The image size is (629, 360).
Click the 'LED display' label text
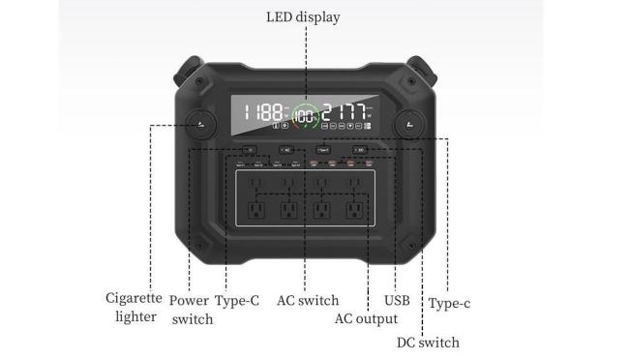[304, 17]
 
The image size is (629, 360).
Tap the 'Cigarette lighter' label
[134, 307]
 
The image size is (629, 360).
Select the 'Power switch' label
[191, 309]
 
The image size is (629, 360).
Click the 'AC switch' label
[308, 300]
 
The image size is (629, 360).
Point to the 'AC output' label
[366, 318]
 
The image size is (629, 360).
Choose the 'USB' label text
[397, 300]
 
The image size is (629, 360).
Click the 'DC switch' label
[428, 342]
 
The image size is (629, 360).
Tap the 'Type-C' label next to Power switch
[237, 300]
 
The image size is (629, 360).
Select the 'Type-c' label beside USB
[450, 303]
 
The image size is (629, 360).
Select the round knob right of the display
[408, 123]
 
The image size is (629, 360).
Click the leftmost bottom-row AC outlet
[256, 209]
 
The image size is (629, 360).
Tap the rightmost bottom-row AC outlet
[351, 209]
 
